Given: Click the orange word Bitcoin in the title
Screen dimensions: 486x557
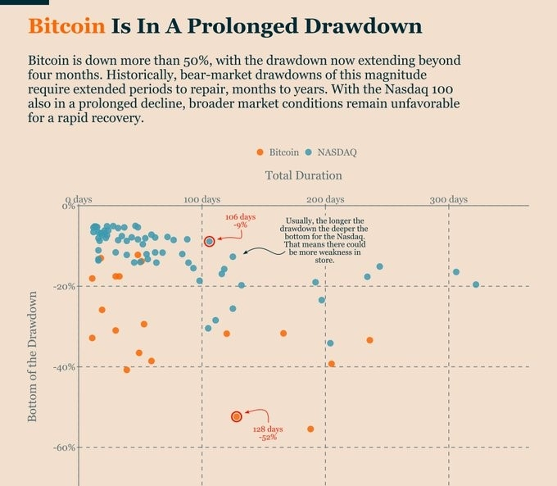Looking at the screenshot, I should point(66,26).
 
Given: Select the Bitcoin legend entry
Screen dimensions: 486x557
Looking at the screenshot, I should point(278,152).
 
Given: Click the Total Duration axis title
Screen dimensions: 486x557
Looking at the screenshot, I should point(304,175).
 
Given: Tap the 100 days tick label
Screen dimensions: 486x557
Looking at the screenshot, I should point(202,200).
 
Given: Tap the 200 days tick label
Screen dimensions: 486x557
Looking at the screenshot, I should point(325,200).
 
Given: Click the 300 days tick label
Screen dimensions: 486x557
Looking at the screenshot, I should point(448,200).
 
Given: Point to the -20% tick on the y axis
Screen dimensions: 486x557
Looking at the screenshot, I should point(65,287).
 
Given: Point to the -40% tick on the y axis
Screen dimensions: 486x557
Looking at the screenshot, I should point(65,367).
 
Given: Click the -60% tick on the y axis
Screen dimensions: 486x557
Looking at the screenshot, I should point(65,447).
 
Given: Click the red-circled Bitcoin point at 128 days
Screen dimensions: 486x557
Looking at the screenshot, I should point(237,416).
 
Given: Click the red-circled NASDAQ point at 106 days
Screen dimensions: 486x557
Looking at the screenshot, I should point(210,241).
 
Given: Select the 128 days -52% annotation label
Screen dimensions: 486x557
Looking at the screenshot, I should point(268,434).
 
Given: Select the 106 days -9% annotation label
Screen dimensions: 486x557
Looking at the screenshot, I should point(240,220).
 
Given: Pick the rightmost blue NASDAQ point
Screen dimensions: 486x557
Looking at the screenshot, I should point(476,284).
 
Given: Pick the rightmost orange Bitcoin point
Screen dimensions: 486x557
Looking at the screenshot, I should point(369,340).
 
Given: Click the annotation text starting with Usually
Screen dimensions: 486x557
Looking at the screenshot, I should point(326,240).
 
